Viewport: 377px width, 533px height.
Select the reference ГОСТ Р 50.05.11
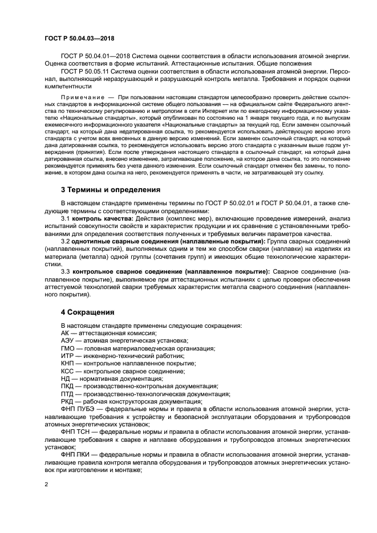point(88,71)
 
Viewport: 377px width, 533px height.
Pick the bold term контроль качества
point(101,218)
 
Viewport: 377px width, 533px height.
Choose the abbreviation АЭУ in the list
point(68,340)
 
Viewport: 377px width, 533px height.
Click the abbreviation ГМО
point(68,348)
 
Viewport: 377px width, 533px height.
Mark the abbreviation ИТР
point(67,355)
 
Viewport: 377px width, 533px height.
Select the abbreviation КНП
point(68,363)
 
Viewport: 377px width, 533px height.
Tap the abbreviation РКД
point(68,401)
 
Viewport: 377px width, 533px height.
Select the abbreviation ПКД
point(68,386)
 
